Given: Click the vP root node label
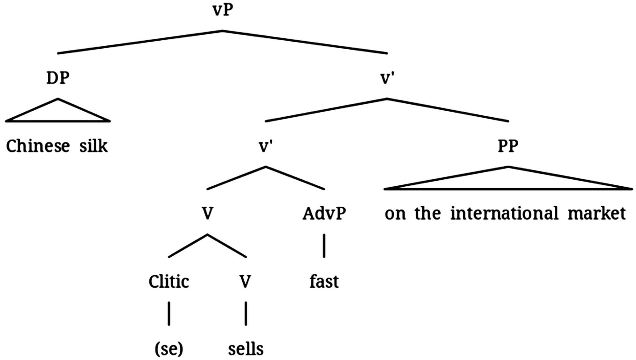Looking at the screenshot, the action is point(223,10).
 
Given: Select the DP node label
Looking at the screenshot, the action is point(58,78).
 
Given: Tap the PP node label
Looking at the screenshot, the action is point(508,146).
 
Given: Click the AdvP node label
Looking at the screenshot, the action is point(324,213).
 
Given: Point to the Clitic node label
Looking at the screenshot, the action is point(169,281).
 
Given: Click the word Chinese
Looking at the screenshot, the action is point(38,146).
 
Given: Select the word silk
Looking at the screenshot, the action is point(93,146).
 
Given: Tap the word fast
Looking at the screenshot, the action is point(324,281).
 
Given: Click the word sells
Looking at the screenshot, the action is point(246,349).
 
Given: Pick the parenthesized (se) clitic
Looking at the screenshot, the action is point(169,349).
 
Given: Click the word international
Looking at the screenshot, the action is point(504,213).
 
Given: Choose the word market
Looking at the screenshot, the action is point(597,213).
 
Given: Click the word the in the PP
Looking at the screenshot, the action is point(427,213).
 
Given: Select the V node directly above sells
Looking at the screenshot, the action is point(245,281).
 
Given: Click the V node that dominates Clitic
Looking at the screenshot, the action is point(207,213).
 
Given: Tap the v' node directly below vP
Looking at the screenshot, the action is point(387,78).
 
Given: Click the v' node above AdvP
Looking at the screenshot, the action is point(266,146).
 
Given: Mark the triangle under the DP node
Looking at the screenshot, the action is point(58,113).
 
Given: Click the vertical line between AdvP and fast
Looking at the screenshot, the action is point(324,246).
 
